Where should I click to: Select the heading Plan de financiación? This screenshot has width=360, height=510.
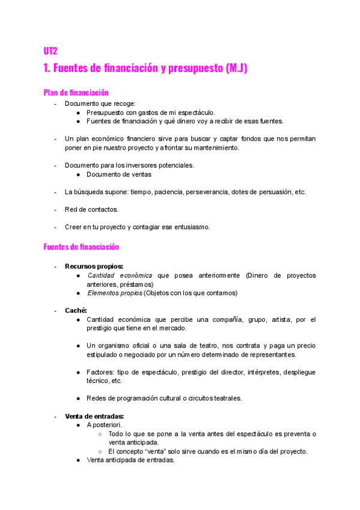coord(76,93)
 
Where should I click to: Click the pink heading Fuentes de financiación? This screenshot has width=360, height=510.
coord(81,247)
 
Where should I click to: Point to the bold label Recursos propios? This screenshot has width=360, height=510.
coord(94,266)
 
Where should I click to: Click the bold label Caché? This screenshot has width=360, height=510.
coord(76,310)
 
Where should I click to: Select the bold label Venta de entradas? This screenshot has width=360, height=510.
coord(94,416)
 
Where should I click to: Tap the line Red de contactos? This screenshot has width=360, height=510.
coord(91,209)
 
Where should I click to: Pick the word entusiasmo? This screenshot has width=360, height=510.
coord(190,227)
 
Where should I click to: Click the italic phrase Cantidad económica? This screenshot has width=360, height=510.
coord(120,275)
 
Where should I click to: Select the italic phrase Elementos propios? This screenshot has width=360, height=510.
coord(114,293)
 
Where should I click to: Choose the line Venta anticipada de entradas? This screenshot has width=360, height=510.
coord(130,460)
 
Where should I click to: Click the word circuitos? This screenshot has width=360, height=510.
coord(206,399)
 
